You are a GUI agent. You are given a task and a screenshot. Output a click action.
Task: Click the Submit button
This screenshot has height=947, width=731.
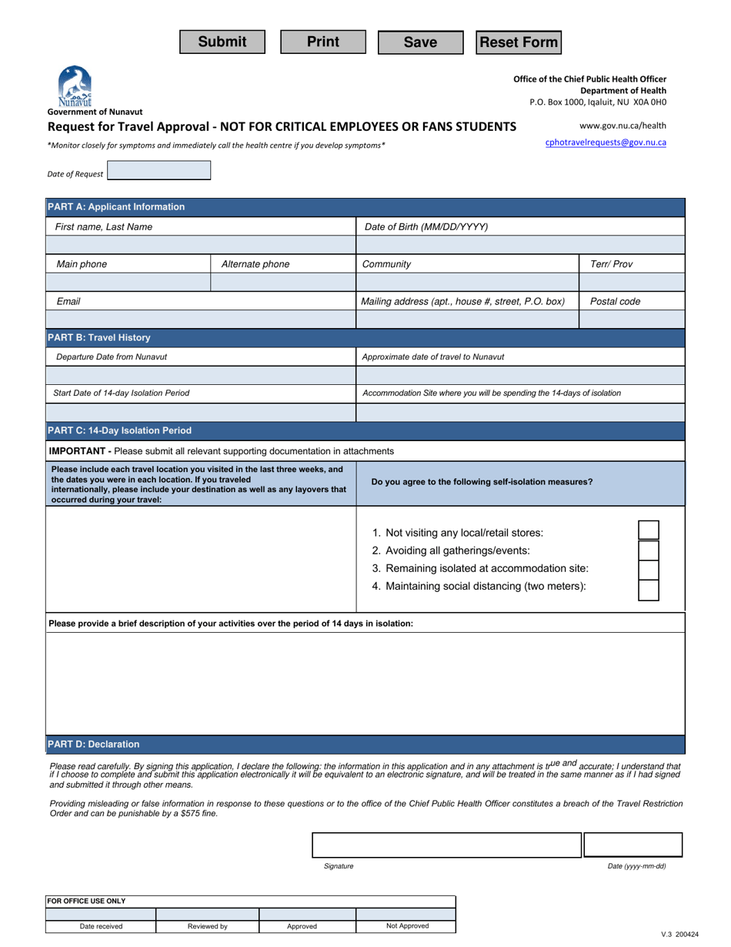tap(222, 42)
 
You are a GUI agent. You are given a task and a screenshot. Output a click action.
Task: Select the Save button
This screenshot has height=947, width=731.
tap(420, 42)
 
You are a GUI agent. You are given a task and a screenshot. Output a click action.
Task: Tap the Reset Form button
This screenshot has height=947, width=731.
tap(519, 42)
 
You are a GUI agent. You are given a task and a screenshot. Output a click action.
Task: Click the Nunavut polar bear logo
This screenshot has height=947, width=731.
tap(75, 85)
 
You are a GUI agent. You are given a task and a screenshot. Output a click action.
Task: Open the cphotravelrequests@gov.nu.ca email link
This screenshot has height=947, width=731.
tap(606, 142)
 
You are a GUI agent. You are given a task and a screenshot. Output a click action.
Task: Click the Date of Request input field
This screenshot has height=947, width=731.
tap(159, 171)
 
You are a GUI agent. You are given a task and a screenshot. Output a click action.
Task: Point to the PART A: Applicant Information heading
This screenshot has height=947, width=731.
tap(116, 207)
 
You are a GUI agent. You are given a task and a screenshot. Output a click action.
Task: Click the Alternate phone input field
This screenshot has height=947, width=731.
tap(282, 283)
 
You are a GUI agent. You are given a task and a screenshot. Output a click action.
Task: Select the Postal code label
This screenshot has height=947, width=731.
tap(615, 302)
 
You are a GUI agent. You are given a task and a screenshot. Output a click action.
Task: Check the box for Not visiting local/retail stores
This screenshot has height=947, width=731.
tap(649, 530)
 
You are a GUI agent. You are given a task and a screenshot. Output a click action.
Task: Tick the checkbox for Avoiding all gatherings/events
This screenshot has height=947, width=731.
tap(649, 550)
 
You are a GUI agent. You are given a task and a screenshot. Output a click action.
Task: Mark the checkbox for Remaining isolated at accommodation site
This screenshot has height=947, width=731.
tap(649, 570)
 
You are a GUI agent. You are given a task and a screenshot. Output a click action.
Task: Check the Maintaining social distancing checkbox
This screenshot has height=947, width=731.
tap(649, 590)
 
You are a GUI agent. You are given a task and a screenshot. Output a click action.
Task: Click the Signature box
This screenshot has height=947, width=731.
tap(446, 845)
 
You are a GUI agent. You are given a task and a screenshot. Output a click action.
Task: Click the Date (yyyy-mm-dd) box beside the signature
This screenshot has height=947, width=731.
tap(633, 845)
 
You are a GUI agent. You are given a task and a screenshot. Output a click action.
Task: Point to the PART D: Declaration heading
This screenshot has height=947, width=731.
tap(94, 745)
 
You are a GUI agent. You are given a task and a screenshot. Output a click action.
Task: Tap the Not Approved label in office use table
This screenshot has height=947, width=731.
tap(406, 926)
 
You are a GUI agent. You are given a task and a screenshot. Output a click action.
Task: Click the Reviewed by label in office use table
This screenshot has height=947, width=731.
tap(207, 926)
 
